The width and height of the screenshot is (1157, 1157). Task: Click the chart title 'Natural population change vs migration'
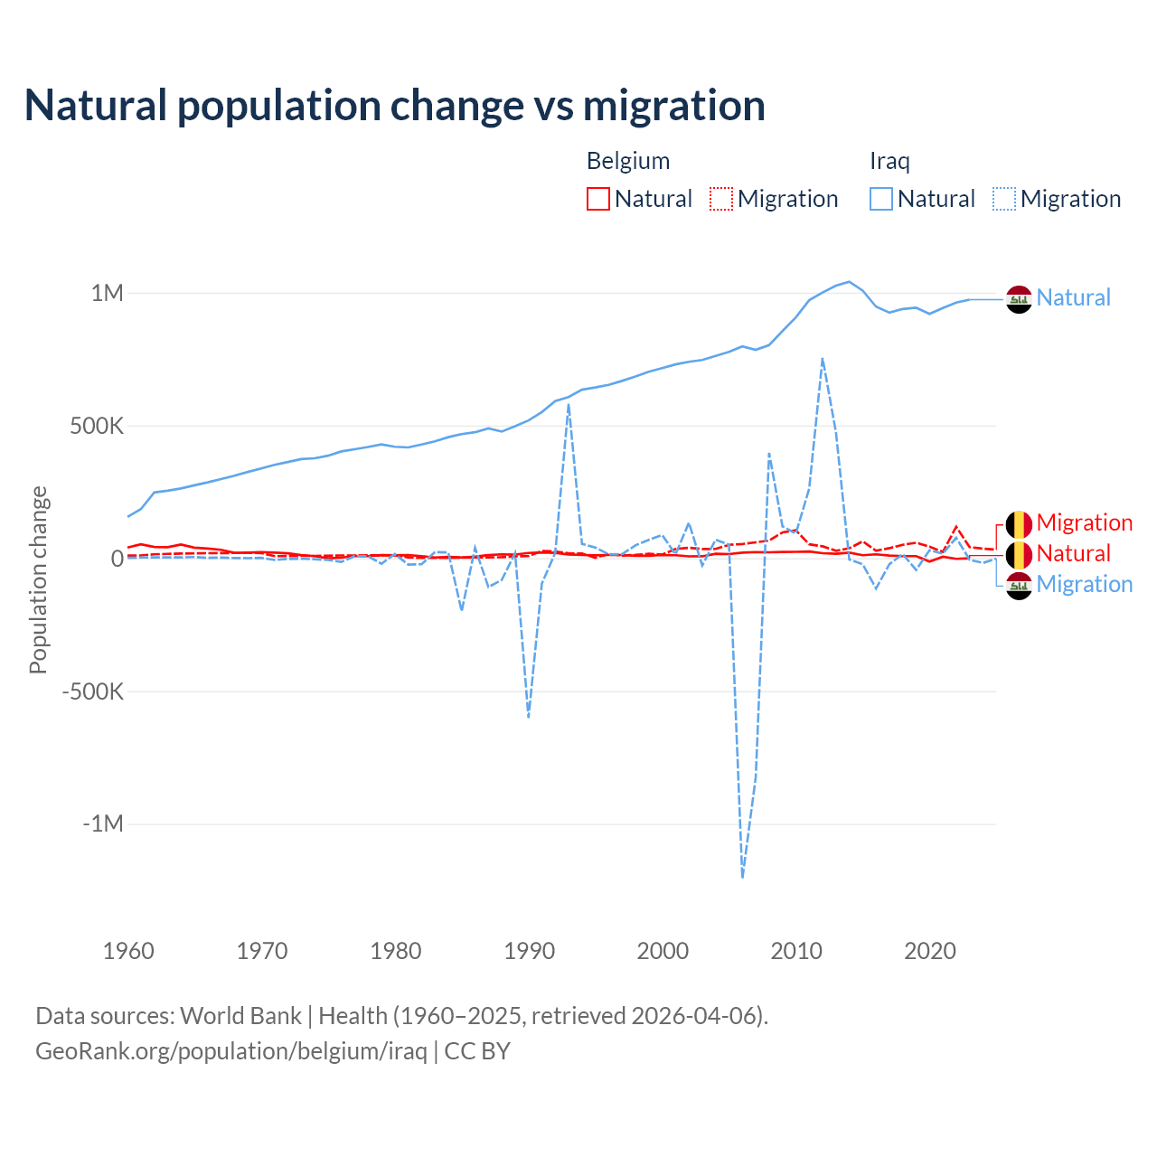[x=395, y=106]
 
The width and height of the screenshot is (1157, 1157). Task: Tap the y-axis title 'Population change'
[x=38, y=579]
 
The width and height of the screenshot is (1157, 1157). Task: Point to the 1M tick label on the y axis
[x=107, y=293]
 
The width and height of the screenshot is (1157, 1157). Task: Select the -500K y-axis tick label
[x=92, y=691]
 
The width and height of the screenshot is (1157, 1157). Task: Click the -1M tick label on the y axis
[x=102, y=824]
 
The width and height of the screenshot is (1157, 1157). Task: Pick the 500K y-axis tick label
[x=97, y=426]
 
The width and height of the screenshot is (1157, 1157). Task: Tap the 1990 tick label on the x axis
[x=530, y=951]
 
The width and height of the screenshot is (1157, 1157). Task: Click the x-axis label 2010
[x=796, y=951]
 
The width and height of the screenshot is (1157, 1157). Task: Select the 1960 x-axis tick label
[x=128, y=951]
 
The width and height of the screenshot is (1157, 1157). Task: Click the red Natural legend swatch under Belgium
[x=598, y=199]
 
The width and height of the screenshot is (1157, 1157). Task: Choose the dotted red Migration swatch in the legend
[x=721, y=199]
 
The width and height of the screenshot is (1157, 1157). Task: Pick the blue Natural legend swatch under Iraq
[x=881, y=199]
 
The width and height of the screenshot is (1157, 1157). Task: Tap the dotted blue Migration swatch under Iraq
[x=1004, y=199]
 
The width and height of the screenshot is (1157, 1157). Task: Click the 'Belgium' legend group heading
[x=628, y=161]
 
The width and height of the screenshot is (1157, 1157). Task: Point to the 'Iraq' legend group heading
[x=889, y=161]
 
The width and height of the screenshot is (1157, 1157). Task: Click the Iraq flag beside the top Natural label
[x=1019, y=299]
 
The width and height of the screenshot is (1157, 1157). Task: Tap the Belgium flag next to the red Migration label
[x=1019, y=524]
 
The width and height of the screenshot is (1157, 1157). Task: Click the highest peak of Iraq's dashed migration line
[x=822, y=359]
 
